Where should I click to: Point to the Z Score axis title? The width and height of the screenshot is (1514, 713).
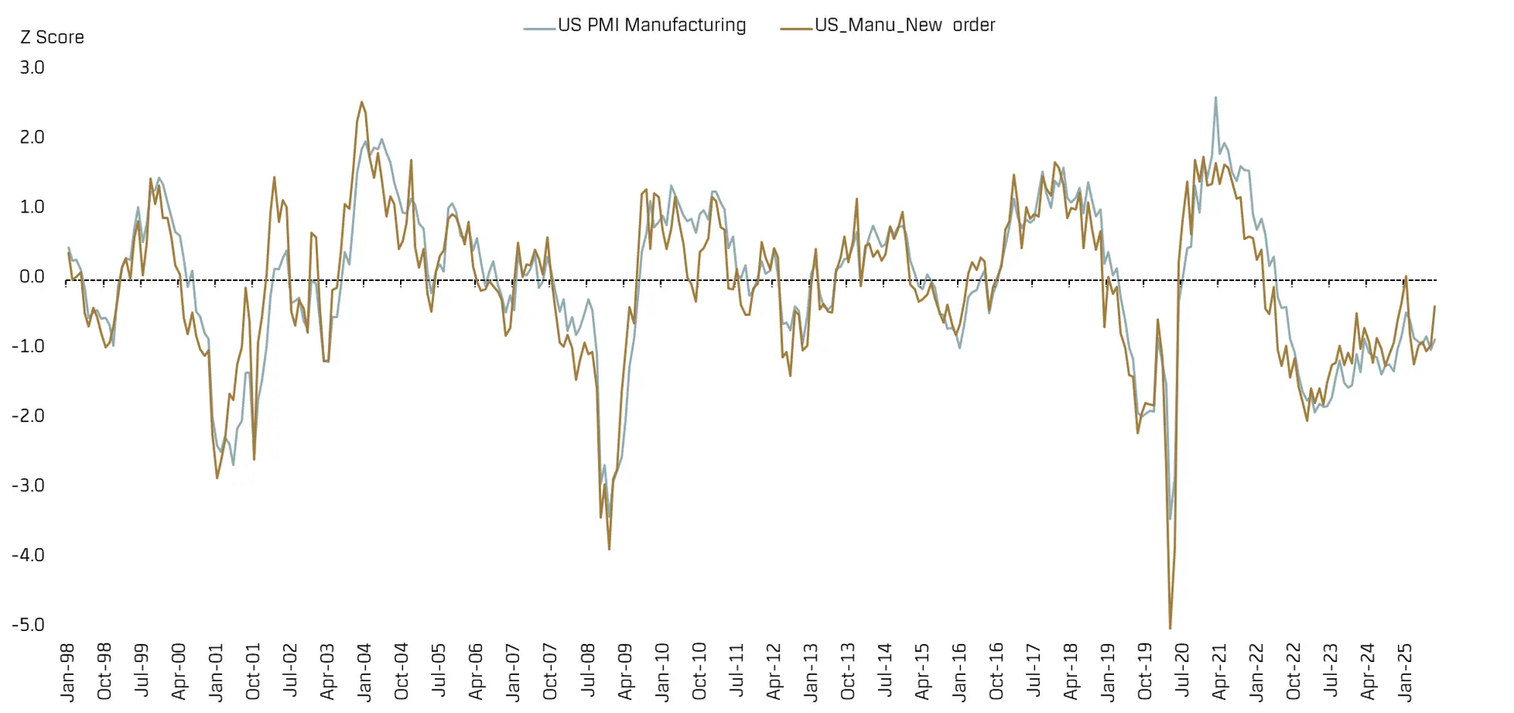coord(52,37)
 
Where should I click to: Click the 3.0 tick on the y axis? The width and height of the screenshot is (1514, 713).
coord(32,68)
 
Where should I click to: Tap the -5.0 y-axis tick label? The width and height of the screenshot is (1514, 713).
coord(28,625)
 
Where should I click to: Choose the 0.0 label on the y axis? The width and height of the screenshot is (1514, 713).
coord(32,276)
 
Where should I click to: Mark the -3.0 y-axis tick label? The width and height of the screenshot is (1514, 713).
coord(28,485)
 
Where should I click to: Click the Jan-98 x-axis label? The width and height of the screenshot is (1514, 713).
coord(68,672)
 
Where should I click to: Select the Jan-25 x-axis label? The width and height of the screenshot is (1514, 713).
coord(1405,672)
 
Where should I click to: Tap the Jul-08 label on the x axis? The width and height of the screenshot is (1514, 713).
coord(588,672)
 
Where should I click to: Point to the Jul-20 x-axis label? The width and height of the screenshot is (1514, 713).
coord(1182,672)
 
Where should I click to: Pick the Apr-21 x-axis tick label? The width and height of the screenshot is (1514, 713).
coord(1220,672)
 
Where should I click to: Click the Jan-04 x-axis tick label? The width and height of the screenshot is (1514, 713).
coord(365,672)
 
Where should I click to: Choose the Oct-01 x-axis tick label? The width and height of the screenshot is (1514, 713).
coord(253,672)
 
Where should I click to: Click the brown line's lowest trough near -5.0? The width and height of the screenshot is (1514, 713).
coord(1170,628)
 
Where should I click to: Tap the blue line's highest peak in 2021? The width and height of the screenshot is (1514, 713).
coord(1215,97)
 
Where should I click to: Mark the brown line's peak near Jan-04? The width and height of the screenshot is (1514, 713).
coord(361,102)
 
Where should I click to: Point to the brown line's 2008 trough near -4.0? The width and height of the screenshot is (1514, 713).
coord(609,549)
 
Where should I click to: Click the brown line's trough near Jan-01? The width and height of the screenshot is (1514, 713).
coord(217,478)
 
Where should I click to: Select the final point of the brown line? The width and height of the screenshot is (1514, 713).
coord(1434,306)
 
